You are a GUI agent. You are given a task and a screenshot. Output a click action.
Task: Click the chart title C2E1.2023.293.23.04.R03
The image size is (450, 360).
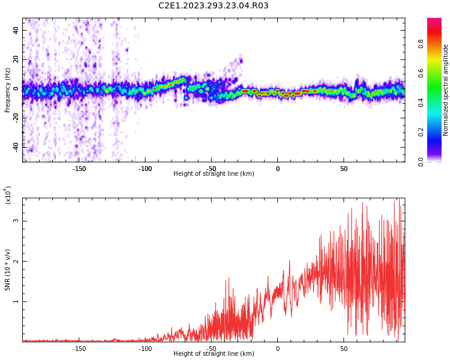tap(213, 6)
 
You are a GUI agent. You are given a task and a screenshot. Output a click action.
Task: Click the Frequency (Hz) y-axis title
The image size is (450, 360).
tap(8, 90)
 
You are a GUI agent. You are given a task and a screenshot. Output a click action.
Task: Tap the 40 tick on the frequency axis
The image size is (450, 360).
tap(16, 30)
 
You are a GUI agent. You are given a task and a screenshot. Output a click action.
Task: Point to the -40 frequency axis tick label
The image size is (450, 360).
tap(15, 146)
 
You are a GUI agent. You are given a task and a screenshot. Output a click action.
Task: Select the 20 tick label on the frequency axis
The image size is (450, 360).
tap(16, 59)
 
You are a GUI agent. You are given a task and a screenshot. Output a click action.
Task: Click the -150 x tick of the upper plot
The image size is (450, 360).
tap(79, 169)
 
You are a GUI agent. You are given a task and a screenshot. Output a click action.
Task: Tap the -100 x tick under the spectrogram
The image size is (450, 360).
tap(145, 169)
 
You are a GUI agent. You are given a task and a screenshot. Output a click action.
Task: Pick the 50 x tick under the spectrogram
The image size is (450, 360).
tap(344, 169)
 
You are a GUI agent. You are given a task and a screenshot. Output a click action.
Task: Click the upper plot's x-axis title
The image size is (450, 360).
tap(214, 174)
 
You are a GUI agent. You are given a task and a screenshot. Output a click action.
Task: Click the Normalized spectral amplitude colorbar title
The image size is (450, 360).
tap(446, 90)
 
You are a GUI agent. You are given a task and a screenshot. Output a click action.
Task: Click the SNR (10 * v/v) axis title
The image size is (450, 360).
tap(8, 270)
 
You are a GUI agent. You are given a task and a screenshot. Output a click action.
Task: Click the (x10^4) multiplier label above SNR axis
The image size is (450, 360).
tap(8, 196)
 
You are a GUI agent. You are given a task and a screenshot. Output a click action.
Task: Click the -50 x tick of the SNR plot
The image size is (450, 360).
tap(211, 349)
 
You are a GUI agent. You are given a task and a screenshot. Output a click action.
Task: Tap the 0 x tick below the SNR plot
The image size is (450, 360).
tap(278, 349)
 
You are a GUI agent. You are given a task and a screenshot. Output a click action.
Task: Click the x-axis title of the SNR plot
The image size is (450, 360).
tap(214, 354)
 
